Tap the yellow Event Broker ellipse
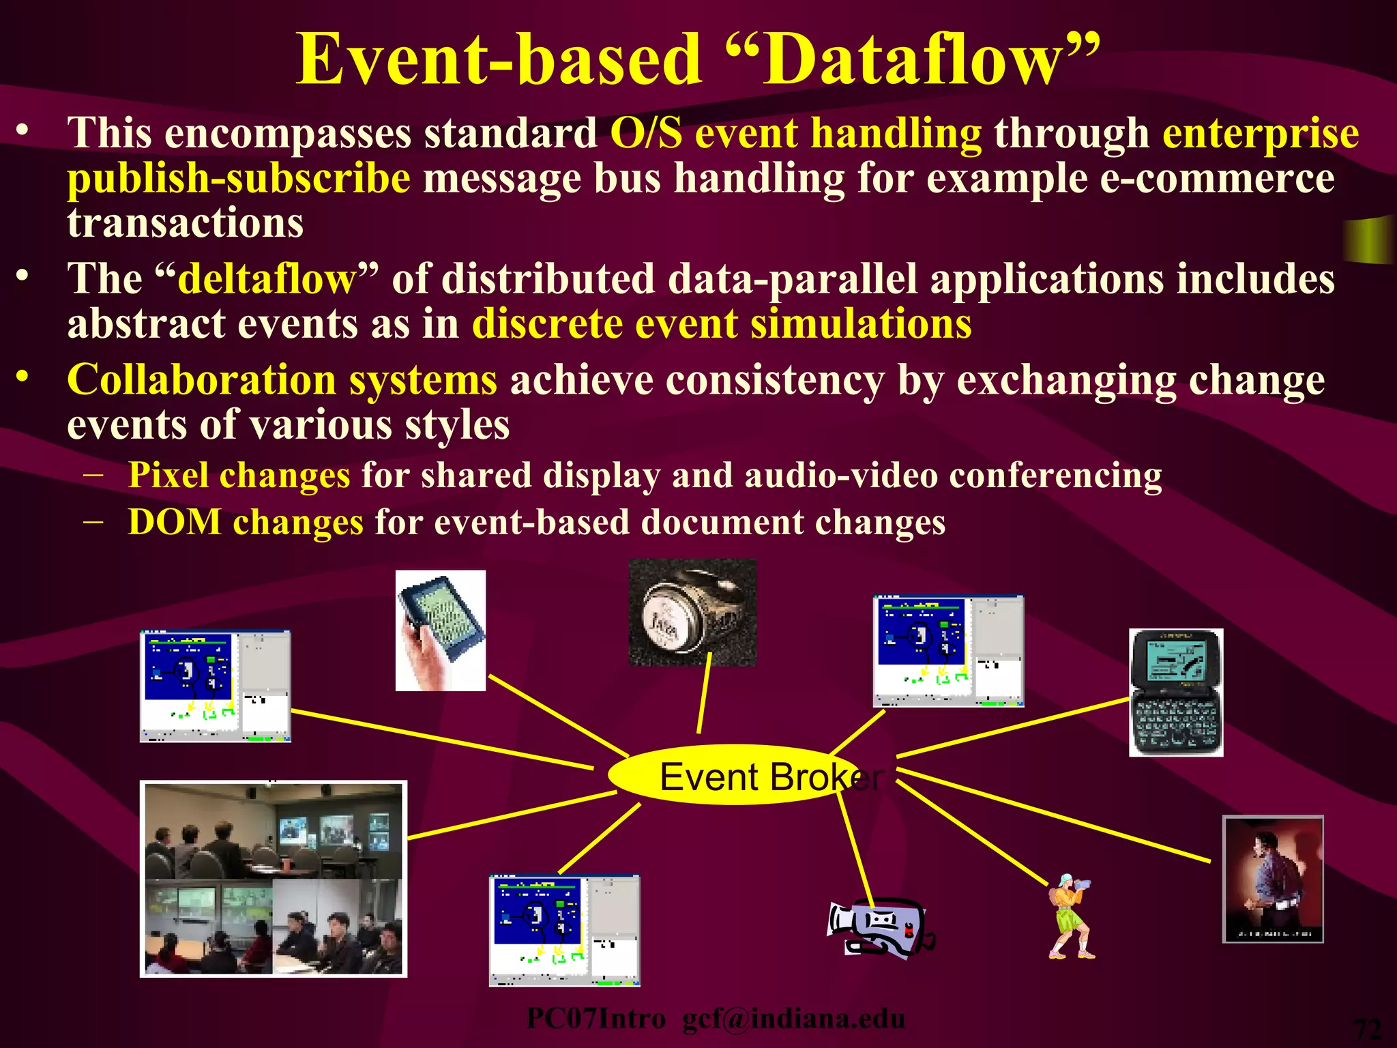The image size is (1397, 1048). click(733, 775)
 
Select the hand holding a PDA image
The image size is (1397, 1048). click(441, 630)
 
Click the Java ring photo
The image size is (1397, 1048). click(692, 612)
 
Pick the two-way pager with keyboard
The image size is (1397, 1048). click(1176, 693)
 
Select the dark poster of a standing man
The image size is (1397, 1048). click(1273, 879)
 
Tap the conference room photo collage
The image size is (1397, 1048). click(274, 879)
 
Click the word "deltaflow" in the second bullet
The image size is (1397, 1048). click(267, 279)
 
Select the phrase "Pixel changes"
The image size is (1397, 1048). click(239, 475)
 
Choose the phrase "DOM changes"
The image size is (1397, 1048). click(246, 523)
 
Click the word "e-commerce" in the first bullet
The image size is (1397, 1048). click(1217, 179)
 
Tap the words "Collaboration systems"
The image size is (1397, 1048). click(282, 379)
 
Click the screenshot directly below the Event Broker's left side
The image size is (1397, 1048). click(564, 929)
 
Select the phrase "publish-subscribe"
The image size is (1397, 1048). click(239, 179)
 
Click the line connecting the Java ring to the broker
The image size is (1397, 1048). click(704, 693)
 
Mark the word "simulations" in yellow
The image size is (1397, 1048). click(861, 323)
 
